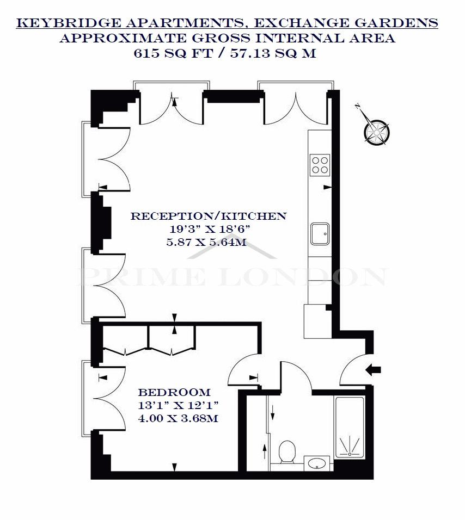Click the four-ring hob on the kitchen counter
(320, 165)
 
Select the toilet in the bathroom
(287, 452)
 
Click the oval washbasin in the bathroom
(317, 463)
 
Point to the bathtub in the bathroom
(350, 428)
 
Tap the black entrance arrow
(373, 370)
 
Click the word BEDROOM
(174, 392)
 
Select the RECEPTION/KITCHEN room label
(209, 216)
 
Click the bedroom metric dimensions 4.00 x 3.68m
(178, 418)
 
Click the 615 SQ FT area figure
(173, 53)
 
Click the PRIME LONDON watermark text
(233, 276)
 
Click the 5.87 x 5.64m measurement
(206, 242)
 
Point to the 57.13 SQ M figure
(273, 53)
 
